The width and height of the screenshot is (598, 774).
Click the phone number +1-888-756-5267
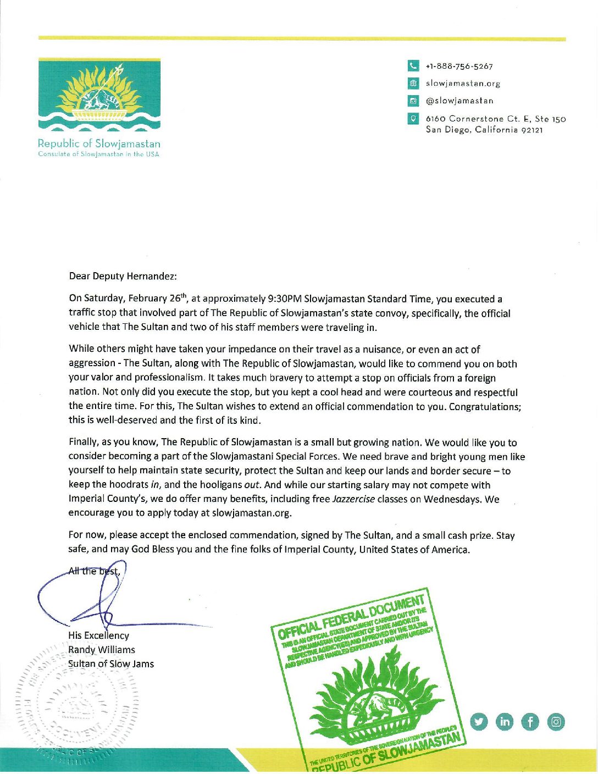[x=459, y=67]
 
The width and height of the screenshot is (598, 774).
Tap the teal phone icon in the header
[x=413, y=66]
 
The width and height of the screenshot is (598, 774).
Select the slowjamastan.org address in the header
[x=463, y=84]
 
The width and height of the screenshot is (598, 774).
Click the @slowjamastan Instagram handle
[x=459, y=101]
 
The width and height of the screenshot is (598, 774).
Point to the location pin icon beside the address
[x=413, y=118]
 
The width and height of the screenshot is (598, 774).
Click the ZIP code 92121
[x=532, y=130]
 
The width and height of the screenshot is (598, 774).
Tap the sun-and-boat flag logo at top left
[x=99, y=95]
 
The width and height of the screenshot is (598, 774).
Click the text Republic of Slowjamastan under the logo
[x=99, y=143]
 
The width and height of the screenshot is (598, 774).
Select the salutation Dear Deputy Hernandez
[x=123, y=276]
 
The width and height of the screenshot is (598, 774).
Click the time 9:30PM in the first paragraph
[x=285, y=299]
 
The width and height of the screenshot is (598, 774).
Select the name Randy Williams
[x=102, y=650]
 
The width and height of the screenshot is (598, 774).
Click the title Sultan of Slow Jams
[x=111, y=664]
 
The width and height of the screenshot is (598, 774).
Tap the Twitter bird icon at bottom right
[x=479, y=722]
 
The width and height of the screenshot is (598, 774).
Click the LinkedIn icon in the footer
[x=505, y=722]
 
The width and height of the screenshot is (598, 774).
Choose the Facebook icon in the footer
[x=530, y=722]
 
